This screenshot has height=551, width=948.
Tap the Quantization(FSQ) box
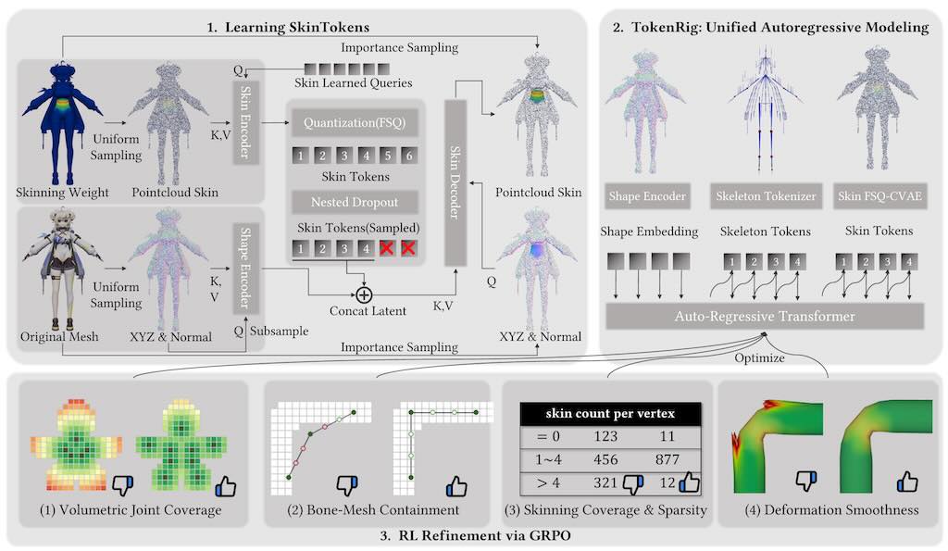pos(345,122)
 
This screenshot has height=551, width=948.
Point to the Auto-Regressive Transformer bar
pos(765,317)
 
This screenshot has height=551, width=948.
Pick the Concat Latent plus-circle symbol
pos(363,294)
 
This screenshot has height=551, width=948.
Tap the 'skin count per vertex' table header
pos(611,410)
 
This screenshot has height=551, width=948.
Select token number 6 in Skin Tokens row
pos(410,156)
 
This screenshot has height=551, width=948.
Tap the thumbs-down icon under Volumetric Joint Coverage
pos(122,484)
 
